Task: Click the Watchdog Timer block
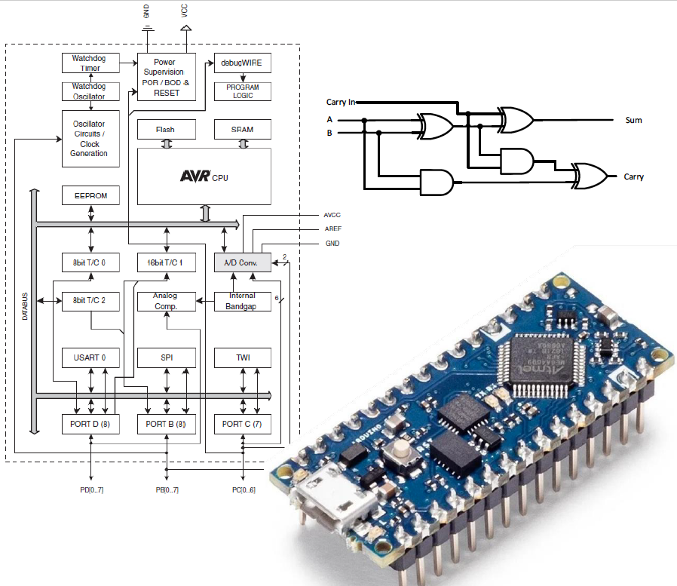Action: tap(90, 63)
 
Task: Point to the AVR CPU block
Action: tap(204, 176)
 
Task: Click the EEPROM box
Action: tap(90, 196)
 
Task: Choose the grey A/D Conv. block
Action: tap(242, 262)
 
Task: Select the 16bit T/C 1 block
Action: tap(166, 262)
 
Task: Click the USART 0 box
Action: tap(90, 357)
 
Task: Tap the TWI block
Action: tap(242, 357)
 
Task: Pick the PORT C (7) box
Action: tap(242, 424)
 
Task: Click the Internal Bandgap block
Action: tap(242, 301)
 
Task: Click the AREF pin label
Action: tap(332, 229)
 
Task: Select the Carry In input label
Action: tap(341, 102)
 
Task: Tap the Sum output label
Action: tap(633, 120)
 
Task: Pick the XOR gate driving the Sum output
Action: tap(516, 118)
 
